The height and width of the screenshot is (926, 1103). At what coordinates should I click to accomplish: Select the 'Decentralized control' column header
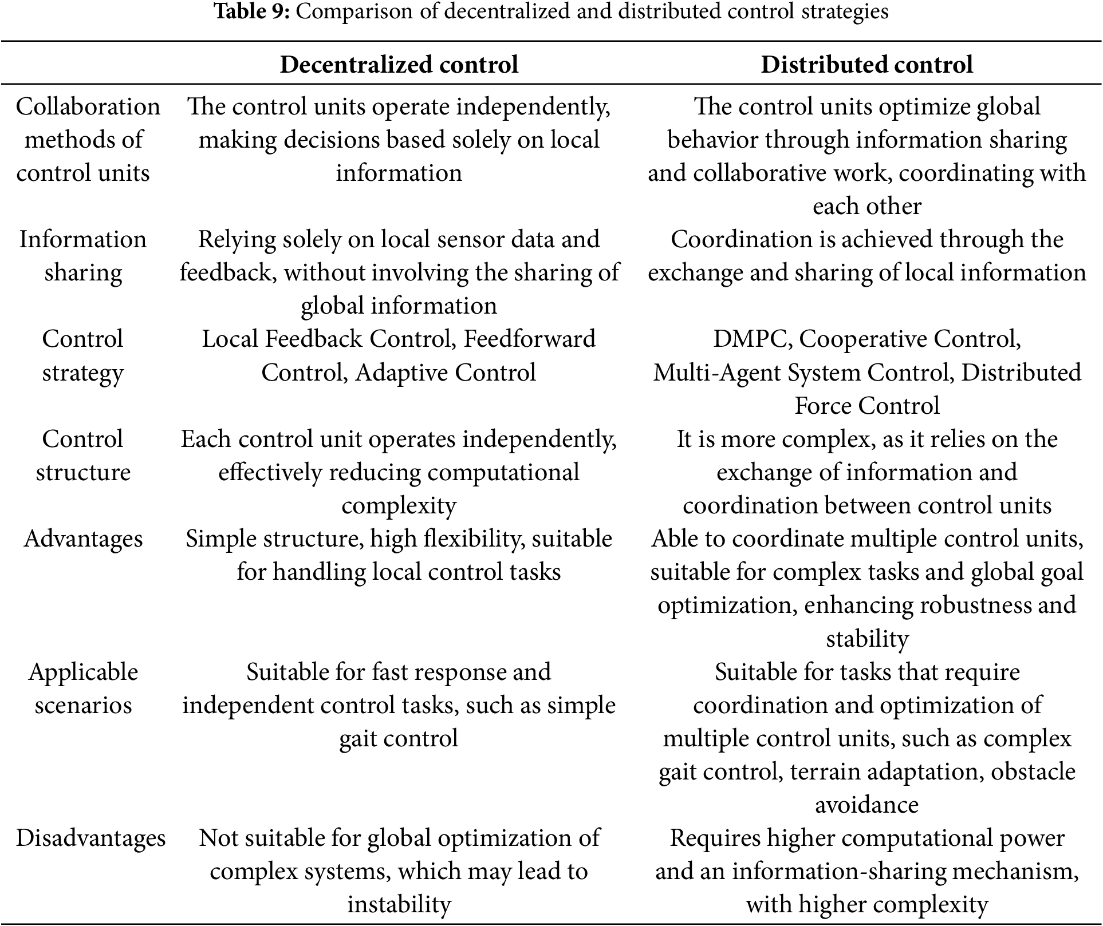pos(399,65)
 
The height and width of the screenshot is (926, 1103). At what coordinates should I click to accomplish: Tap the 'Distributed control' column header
pos(866,65)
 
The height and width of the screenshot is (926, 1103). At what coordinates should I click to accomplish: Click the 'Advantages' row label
pos(83,539)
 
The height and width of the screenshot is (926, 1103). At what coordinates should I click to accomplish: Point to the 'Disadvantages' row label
pos(90,838)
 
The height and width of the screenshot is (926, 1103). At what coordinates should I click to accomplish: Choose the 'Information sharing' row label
pos(83,256)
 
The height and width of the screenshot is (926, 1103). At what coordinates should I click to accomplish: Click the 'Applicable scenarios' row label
pos(83,688)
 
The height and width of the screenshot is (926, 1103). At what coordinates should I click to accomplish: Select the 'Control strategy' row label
pos(83,355)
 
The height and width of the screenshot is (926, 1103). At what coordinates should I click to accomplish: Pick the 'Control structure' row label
pos(83,456)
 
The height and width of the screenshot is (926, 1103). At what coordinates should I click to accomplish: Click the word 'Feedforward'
pos(529,339)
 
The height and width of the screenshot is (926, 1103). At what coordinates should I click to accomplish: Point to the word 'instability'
pos(399,905)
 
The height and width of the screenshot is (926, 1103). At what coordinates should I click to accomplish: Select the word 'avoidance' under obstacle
pos(866,805)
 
